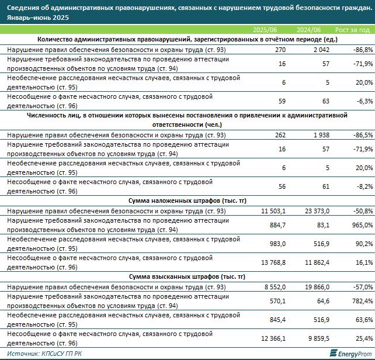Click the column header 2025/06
point(265,30)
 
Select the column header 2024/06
point(308,30)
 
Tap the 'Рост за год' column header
point(353,30)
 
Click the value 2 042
point(321,50)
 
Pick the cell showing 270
point(280,50)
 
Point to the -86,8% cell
point(363,50)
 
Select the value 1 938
point(321,135)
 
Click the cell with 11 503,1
point(273,211)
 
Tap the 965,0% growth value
point(362,225)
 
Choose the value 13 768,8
point(273,262)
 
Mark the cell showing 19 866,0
point(317,287)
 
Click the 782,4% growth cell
point(362,301)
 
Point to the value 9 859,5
point(319,338)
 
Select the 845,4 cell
point(277,320)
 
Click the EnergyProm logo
point(350,354)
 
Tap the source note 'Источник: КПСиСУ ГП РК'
point(44,354)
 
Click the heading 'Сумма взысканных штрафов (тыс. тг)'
point(187,276)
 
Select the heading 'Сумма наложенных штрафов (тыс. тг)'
point(187,201)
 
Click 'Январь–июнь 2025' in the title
point(38,18)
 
